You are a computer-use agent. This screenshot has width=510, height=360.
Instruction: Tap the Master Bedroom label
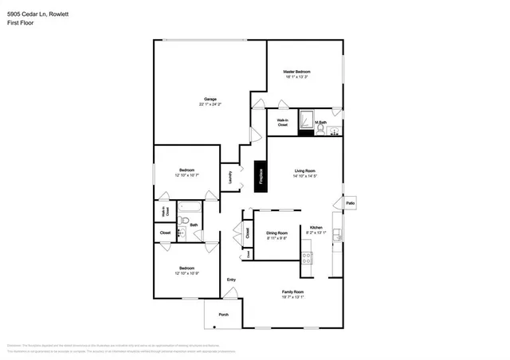(x=296, y=72)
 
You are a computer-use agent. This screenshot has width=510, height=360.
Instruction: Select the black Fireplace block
(x=261, y=176)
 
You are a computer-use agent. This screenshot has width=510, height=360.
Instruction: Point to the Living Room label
(x=305, y=170)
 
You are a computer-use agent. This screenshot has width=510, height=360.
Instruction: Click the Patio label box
(x=350, y=204)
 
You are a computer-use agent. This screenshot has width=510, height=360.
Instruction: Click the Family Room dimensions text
(x=293, y=298)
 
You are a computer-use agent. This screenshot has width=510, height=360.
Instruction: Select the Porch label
(x=223, y=315)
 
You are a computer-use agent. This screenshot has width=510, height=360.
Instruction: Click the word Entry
(x=231, y=280)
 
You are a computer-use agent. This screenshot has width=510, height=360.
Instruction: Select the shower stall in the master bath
(x=305, y=119)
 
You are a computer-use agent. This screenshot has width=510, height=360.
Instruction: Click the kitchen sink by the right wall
(x=336, y=235)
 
